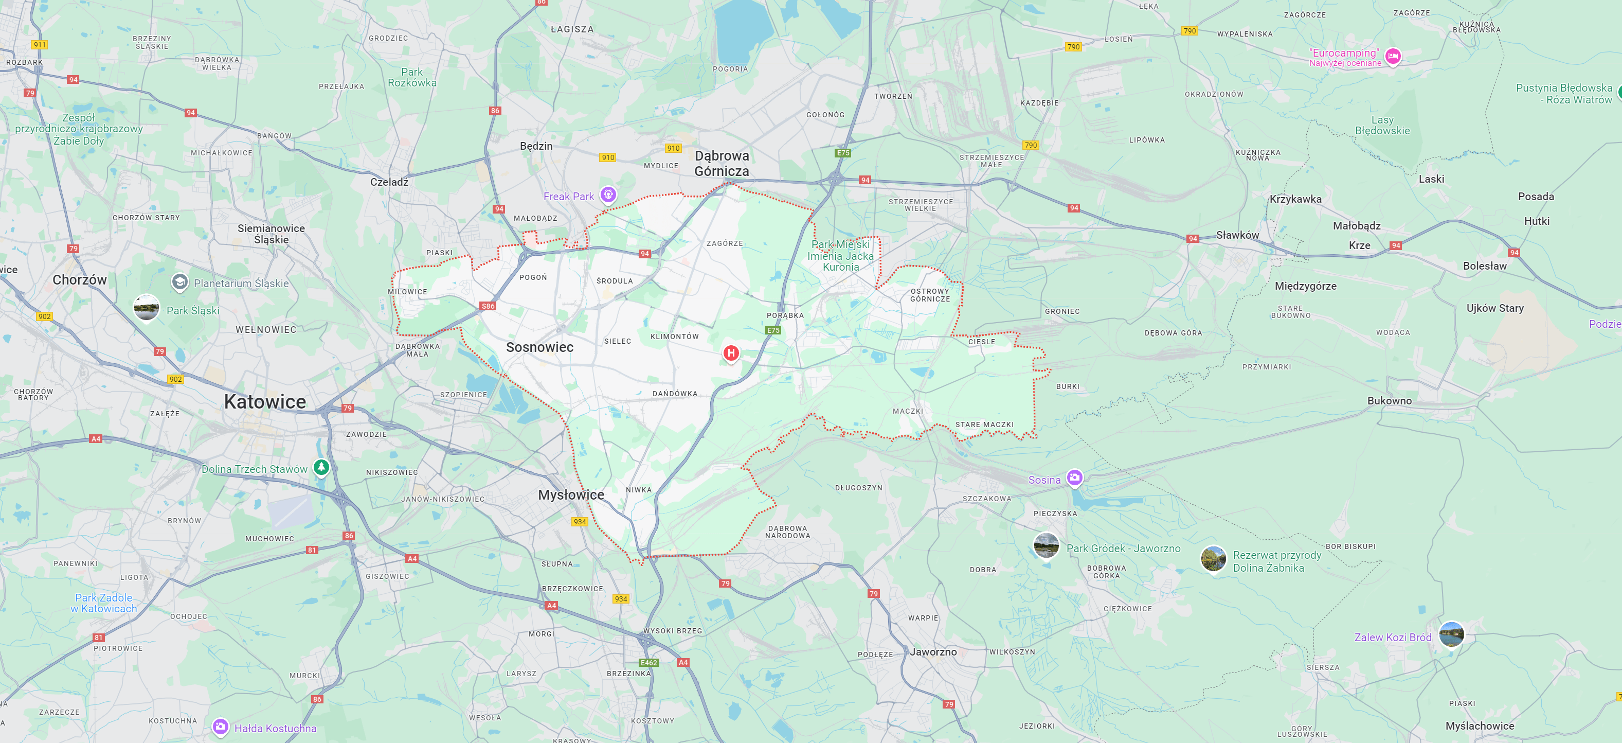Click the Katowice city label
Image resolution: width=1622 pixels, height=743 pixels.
pyautogui.click(x=264, y=401)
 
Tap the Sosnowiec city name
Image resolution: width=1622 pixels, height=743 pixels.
pyautogui.click(x=539, y=347)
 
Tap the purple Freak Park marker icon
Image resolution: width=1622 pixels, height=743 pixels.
pyautogui.click(x=608, y=194)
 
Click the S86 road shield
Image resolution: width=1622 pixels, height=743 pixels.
pyautogui.click(x=488, y=306)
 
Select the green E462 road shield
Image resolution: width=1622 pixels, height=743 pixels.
pyautogui.click(x=648, y=662)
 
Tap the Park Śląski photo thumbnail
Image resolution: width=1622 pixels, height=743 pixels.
pyautogui.click(x=147, y=308)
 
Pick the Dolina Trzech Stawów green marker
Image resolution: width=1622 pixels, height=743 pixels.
pyautogui.click(x=321, y=467)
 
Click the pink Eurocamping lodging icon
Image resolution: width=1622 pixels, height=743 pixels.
pyautogui.click(x=1393, y=56)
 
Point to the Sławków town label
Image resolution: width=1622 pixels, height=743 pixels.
pyautogui.click(x=1237, y=235)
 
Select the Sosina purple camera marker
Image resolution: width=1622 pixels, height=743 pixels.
pyautogui.click(x=1074, y=477)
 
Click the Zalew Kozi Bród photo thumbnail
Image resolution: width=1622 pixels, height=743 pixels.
pyautogui.click(x=1451, y=634)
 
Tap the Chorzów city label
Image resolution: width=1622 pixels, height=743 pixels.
pyautogui.click(x=79, y=280)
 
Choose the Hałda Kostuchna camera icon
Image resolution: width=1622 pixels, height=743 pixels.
pyautogui.click(x=220, y=727)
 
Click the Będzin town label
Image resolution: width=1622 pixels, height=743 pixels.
pyautogui.click(x=536, y=146)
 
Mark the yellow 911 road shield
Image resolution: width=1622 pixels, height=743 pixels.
pyautogui.click(x=40, y=45)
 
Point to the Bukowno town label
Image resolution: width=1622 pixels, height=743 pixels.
pyautogui.click(x=1389, y=401)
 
